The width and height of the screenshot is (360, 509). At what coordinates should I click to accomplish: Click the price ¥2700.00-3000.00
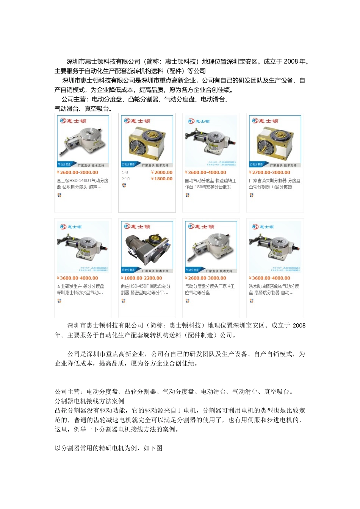[x=269, y=172]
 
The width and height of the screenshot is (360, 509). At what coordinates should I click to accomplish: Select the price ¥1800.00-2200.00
[x=141, y=278]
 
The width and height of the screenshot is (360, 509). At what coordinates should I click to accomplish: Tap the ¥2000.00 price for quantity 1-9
[x=162, y=172]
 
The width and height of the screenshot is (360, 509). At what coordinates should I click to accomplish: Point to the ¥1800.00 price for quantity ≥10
[x=162, y=179]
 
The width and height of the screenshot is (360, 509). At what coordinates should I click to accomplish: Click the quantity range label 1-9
[x=125, y=172]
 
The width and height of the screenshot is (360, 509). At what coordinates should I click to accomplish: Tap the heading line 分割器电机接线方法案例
[x=89, y=401]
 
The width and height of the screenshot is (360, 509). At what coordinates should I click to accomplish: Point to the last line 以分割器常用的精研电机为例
[x=108, y=448]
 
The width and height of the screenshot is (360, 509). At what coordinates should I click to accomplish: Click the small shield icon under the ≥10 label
[x=124, y=186]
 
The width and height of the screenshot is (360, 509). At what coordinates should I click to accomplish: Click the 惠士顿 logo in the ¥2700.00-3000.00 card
[x=265, y=121]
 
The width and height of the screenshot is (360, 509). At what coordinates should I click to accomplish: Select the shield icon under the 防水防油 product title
[x=251, y=301]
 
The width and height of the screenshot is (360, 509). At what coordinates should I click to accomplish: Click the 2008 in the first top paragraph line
[x=291, y=61]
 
